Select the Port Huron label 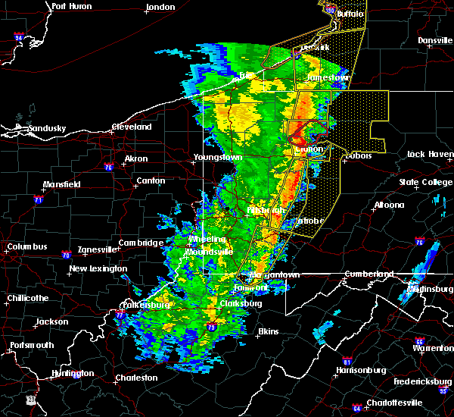point(72,6)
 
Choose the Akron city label point(136,159)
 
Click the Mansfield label point(63,184)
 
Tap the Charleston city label point(136,378)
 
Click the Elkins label point(267,331)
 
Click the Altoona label point(388,205)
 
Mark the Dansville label point(434,40)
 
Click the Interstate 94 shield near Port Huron point(19,36)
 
